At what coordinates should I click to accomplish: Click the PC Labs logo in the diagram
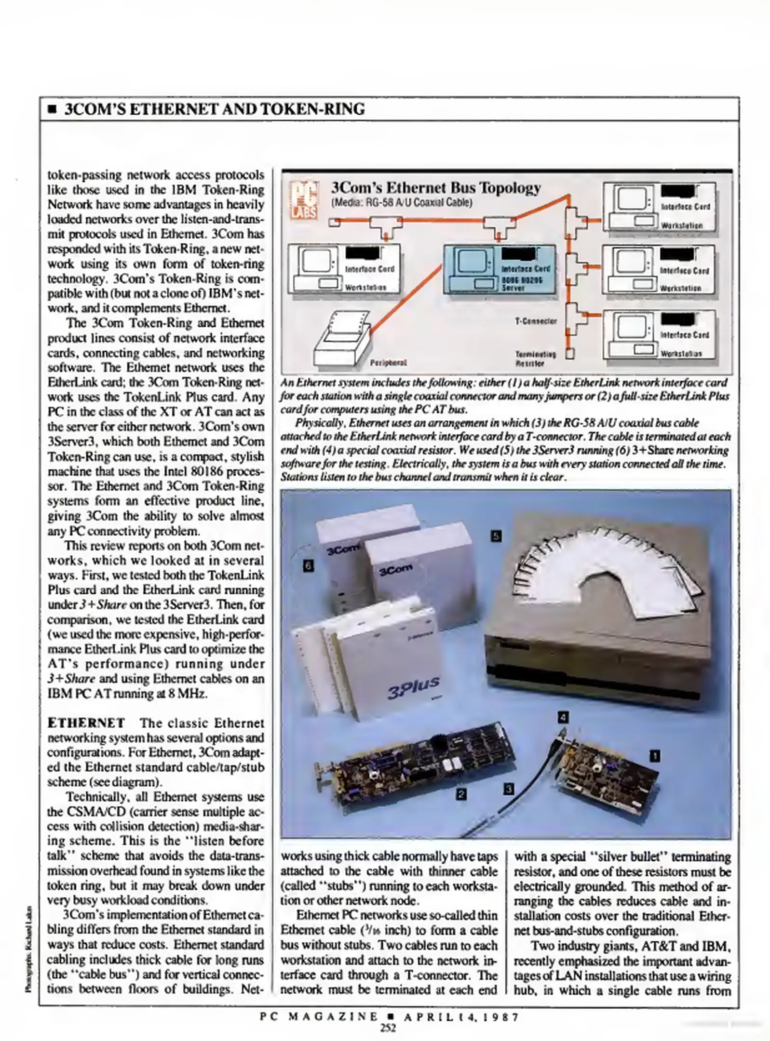(x=303, y=199)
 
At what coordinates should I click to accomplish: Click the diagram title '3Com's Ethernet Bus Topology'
(x=436, y=187)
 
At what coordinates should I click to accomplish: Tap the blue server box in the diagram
(x=499, y=268)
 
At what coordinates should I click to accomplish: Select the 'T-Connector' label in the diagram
(x=536, y=320)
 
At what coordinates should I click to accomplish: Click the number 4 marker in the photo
(x=563, y=717)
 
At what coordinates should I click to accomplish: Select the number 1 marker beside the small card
(x=654, y=756)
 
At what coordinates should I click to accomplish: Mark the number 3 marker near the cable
(x=509, y=789)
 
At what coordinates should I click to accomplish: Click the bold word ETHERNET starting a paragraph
(x=86, y=723)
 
